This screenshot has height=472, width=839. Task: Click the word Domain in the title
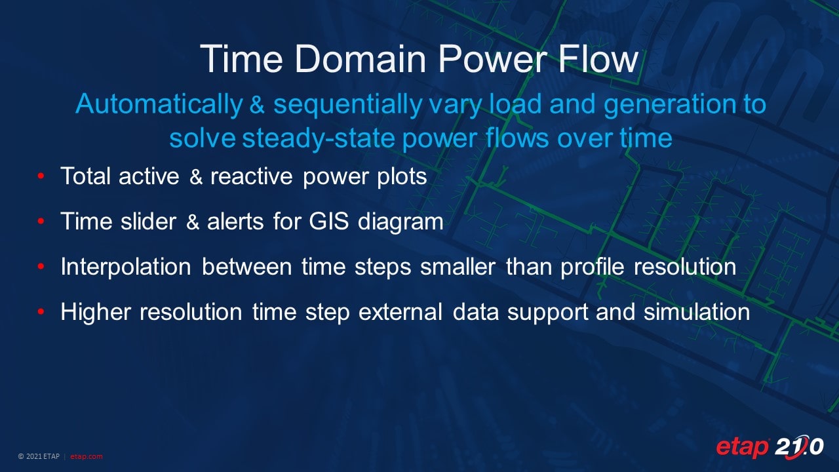[361, 59]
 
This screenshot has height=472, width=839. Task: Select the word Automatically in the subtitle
[159, 104]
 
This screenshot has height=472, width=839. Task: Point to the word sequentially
[348, 104]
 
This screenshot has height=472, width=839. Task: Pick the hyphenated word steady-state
[319, 138]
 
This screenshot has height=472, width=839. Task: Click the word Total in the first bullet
[85, 176]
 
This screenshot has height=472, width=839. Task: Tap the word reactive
[251, 176]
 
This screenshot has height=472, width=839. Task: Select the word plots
[402, 177]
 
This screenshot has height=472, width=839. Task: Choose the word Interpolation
[126, 267]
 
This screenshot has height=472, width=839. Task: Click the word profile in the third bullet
[592, 267]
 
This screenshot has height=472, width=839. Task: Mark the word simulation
[697, 311]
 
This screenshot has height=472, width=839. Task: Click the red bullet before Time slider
[41, 221]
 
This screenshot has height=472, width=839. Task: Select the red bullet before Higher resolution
[41, 311]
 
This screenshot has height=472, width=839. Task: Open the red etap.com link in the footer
[86, 456]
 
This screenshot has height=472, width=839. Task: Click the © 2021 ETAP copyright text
[39, 456]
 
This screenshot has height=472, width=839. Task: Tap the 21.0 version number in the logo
[799, 447]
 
